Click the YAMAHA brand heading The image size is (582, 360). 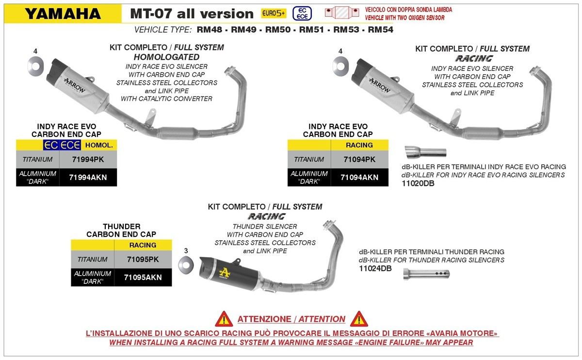(x=63, y=14)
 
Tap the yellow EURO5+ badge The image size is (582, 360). (x=274, y=13)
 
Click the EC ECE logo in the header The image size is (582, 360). (x=302, y=14)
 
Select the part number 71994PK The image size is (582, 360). (x=88, y=159)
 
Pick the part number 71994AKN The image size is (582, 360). (x=88, y=177)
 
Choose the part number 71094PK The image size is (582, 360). (x=359, y=159)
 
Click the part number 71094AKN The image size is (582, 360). (x=359, y=177)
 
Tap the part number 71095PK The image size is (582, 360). (x=143, y=260)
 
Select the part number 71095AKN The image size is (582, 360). (x=143, y=278)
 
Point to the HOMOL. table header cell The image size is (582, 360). (x=99, y=145)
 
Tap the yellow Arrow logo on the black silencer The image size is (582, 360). (x=225, y=273)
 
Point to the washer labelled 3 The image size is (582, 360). (x=186, y=265)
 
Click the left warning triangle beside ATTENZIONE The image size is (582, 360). (x=224, y=319)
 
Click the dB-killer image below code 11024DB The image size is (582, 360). (x=426, y=274)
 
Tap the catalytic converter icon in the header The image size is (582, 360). (x=342, y=13)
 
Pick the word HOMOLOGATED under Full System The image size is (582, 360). (x=166, y=57)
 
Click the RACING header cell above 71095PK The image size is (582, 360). (x=143, y=245)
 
